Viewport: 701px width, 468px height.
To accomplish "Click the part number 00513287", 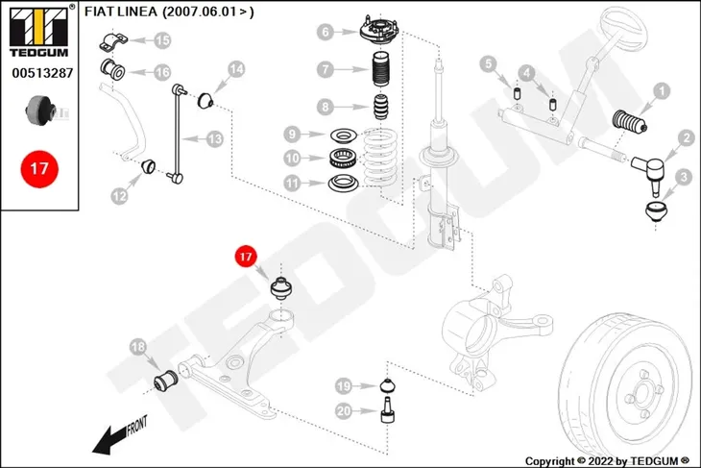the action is [42, 73].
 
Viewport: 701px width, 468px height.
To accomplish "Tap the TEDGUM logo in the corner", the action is [39, 32].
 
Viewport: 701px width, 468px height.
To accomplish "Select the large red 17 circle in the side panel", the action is [39, 169].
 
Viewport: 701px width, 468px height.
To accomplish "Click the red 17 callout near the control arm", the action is [246, 257].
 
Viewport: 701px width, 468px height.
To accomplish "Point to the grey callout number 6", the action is [325, 33].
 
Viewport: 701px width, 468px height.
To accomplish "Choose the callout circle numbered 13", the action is [214, 139].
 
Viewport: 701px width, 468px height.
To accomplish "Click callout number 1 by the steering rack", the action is [662, 91].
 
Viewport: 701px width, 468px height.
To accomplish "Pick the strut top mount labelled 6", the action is [379, 29].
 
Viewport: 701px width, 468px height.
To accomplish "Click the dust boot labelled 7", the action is [380, 69].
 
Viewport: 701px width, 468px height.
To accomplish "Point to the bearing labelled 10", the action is [343, 158].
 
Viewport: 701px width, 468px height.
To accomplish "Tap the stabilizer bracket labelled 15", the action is [113, 41].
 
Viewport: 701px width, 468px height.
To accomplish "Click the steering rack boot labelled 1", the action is [630, 123].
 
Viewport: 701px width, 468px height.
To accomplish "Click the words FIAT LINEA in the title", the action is [121, 12].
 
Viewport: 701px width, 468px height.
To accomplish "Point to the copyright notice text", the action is [607, 461].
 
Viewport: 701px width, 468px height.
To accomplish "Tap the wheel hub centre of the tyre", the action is [642, 394].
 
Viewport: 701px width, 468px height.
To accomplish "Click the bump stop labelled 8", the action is [381, 107].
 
